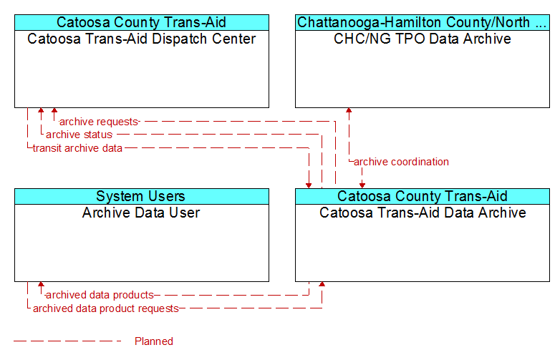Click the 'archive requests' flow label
tap(99, 122)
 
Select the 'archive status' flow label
tap(79, 135)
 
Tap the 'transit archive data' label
tap(77, 148)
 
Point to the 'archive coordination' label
tap(401, 162)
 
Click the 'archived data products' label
tap(100, 295)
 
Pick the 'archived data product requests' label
tap(106, 308)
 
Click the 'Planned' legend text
tap(154, 341)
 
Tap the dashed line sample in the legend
tap(67, 341)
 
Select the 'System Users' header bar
tap(142, 196)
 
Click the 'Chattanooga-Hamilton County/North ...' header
tap(423, 22)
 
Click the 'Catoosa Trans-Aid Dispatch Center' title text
tap(141, 39)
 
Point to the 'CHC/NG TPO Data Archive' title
tap(422, 39)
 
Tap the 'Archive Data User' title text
tap(141, 213)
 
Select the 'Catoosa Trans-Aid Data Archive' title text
tap(423, 213)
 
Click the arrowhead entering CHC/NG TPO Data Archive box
tap(349, 110)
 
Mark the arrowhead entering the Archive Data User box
tap(41, 284)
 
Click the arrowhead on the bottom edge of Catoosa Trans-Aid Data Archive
tap(322, 284)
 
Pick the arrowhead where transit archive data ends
tap(309, 185)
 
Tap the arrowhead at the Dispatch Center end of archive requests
tap(54, 110)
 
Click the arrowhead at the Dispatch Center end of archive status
tap(41, 110)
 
